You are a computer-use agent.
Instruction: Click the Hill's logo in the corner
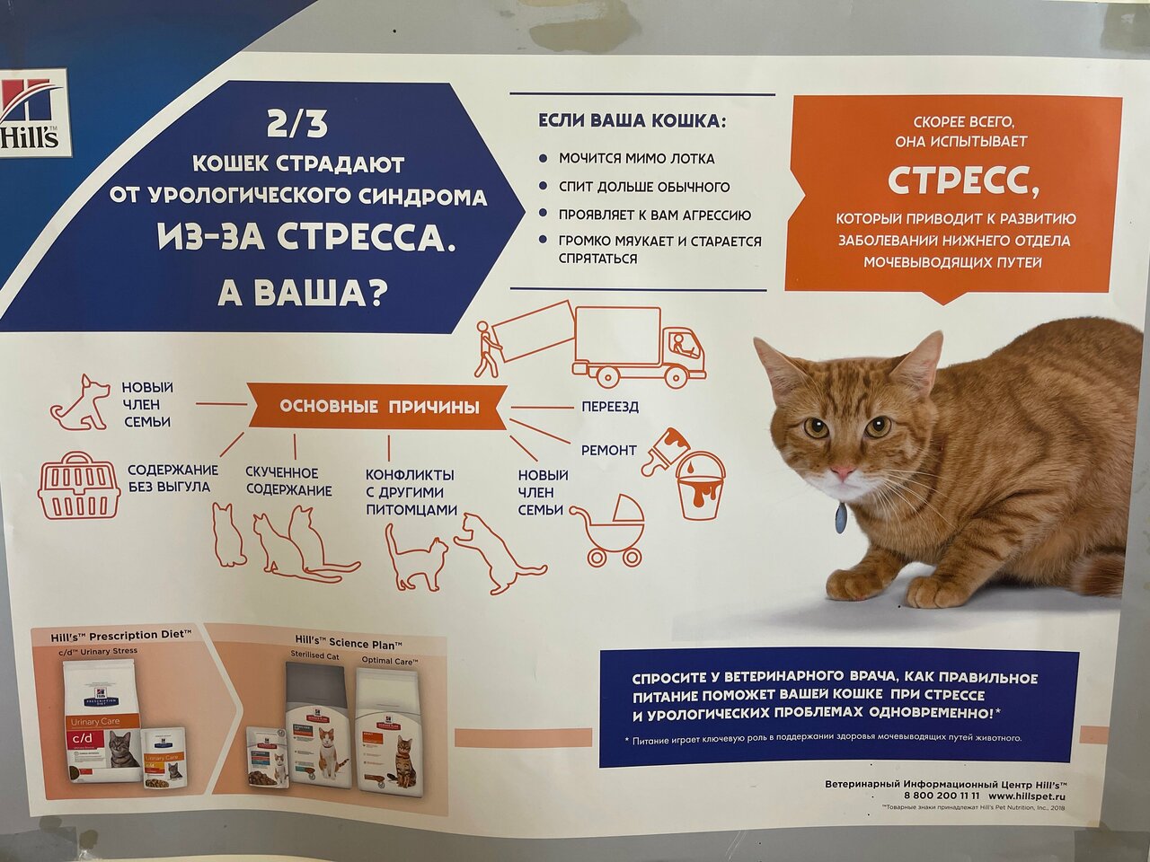point(31,113)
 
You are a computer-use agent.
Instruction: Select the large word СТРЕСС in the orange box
point(962,180)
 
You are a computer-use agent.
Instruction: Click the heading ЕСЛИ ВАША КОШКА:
point(631,121)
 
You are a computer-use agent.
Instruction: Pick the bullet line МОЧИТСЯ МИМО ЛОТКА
point(636,158)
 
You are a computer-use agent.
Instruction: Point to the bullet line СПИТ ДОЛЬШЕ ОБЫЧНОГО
point(643,187)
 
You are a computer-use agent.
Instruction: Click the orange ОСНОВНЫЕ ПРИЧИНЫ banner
point(378,407)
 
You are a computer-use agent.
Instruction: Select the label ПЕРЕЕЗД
point(609,407)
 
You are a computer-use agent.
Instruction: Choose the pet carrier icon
point(79,486)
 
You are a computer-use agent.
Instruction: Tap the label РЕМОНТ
point(608,450)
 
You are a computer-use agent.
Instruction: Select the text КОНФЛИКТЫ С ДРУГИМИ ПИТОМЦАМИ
point(411,492)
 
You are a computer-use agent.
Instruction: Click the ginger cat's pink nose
point(842,471)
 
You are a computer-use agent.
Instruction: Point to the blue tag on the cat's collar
point(840,518)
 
